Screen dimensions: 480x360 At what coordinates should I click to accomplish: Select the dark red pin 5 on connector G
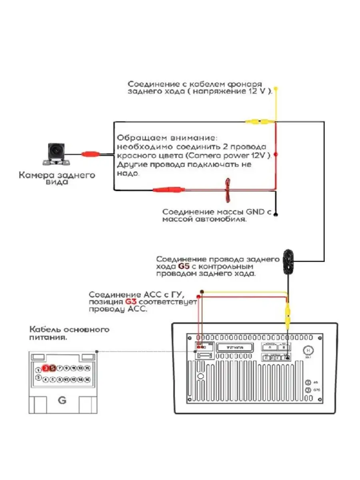click(52, 368)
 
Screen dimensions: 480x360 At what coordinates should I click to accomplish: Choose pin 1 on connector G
click(38, 370)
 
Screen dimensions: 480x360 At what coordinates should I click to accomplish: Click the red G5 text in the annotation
click(183, 266)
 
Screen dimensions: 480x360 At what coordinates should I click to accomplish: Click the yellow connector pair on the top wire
click(258, 121)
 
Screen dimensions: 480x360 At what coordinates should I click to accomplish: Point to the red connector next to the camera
click(90, 154)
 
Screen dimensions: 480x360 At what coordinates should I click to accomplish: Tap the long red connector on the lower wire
click(169, 190)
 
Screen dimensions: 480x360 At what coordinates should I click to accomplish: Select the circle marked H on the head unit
click(308, 350)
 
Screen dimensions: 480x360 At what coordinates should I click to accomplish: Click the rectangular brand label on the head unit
click(235, 347)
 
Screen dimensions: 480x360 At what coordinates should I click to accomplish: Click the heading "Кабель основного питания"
click(69, 333)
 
